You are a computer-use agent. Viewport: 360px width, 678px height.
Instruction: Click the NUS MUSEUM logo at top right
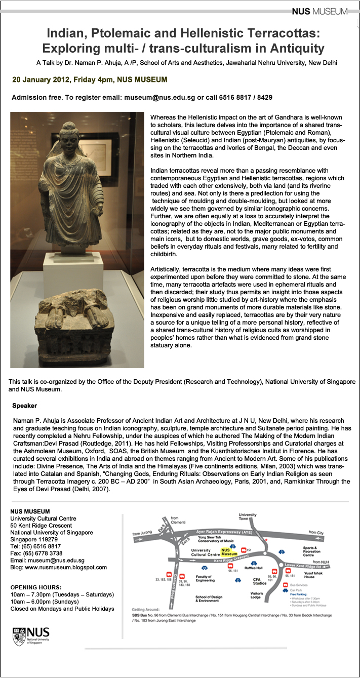click(x=319, y=12)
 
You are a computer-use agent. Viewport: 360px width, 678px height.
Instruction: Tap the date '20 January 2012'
click(x=42, y=80)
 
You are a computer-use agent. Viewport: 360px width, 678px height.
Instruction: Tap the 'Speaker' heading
click(x=24, y=406)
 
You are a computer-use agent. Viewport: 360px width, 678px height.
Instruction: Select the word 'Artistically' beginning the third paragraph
click(x=167, y=268)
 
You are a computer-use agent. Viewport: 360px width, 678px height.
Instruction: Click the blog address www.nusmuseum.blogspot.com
click(x=66, y=567)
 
